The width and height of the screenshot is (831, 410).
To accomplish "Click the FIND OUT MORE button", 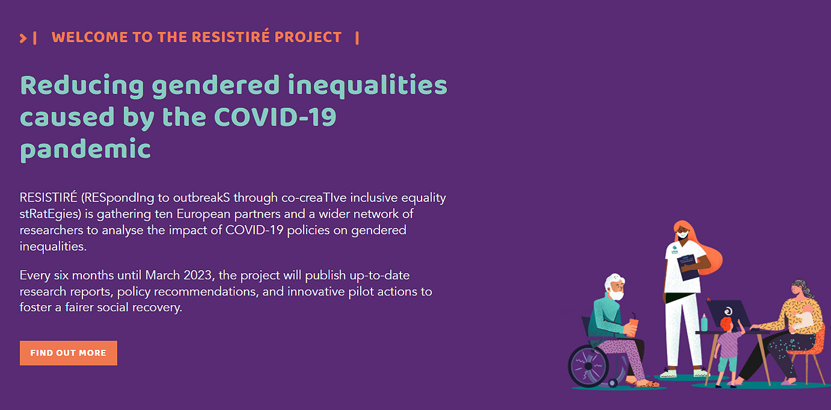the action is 69,353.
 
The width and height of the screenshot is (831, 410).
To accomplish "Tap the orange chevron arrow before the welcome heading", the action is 23,38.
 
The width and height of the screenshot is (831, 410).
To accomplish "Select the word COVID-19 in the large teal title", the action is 275,117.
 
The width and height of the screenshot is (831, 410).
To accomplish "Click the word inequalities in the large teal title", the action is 368,86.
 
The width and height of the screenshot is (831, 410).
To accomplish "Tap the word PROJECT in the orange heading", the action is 308,37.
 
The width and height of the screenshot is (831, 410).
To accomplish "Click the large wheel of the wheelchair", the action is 588,366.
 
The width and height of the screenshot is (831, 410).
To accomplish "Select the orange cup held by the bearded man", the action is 633,327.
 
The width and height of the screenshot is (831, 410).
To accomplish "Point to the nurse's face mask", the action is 683,235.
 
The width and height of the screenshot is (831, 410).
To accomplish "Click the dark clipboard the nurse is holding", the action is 688,267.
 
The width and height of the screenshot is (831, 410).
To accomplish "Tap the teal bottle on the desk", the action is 704,323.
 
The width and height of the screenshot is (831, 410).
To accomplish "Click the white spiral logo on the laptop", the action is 728,311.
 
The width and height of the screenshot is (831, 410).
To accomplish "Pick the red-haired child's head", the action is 726,324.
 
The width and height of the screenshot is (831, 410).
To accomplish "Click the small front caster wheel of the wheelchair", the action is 613,382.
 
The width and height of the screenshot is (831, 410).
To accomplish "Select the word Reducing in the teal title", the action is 82,86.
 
